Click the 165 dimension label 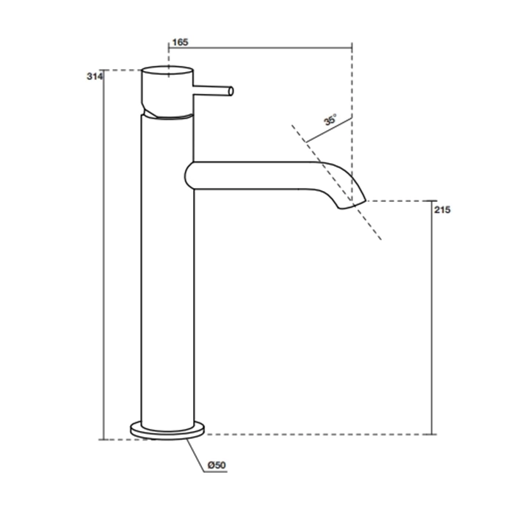(181, 43)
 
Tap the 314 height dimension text (95, 76)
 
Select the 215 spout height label (443, 210)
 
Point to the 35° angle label (330, 120)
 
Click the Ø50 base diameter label (217, 465)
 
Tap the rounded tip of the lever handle (231, 91)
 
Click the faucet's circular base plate (167, 430)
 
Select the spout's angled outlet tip (352, 205)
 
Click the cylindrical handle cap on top (167, 89)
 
